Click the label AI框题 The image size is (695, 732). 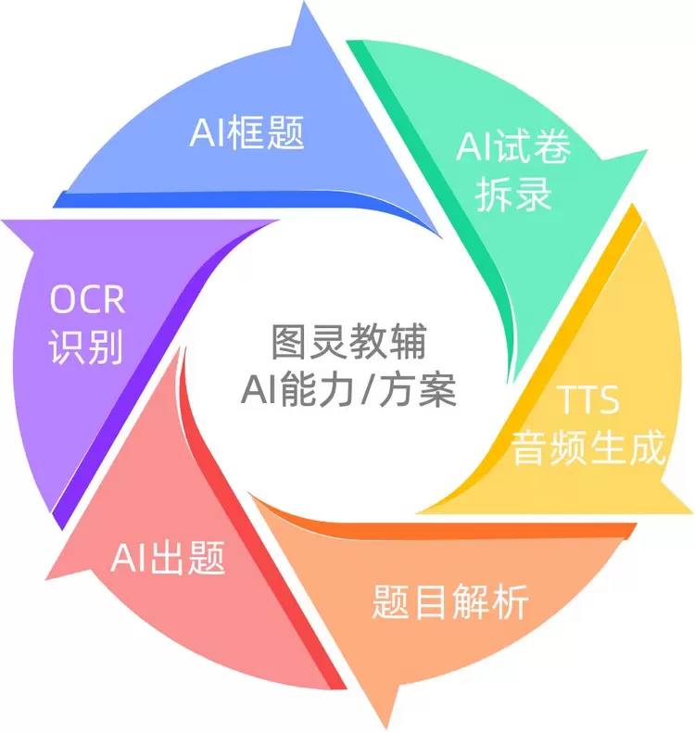246,133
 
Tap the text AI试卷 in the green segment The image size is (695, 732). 513,146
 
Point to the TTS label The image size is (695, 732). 588,399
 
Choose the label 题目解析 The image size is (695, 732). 450,601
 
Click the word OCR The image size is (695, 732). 87,298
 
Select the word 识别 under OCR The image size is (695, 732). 86,347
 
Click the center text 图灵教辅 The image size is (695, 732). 348,342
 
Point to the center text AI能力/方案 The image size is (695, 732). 348,389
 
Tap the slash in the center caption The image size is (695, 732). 367,390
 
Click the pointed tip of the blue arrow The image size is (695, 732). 304,4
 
